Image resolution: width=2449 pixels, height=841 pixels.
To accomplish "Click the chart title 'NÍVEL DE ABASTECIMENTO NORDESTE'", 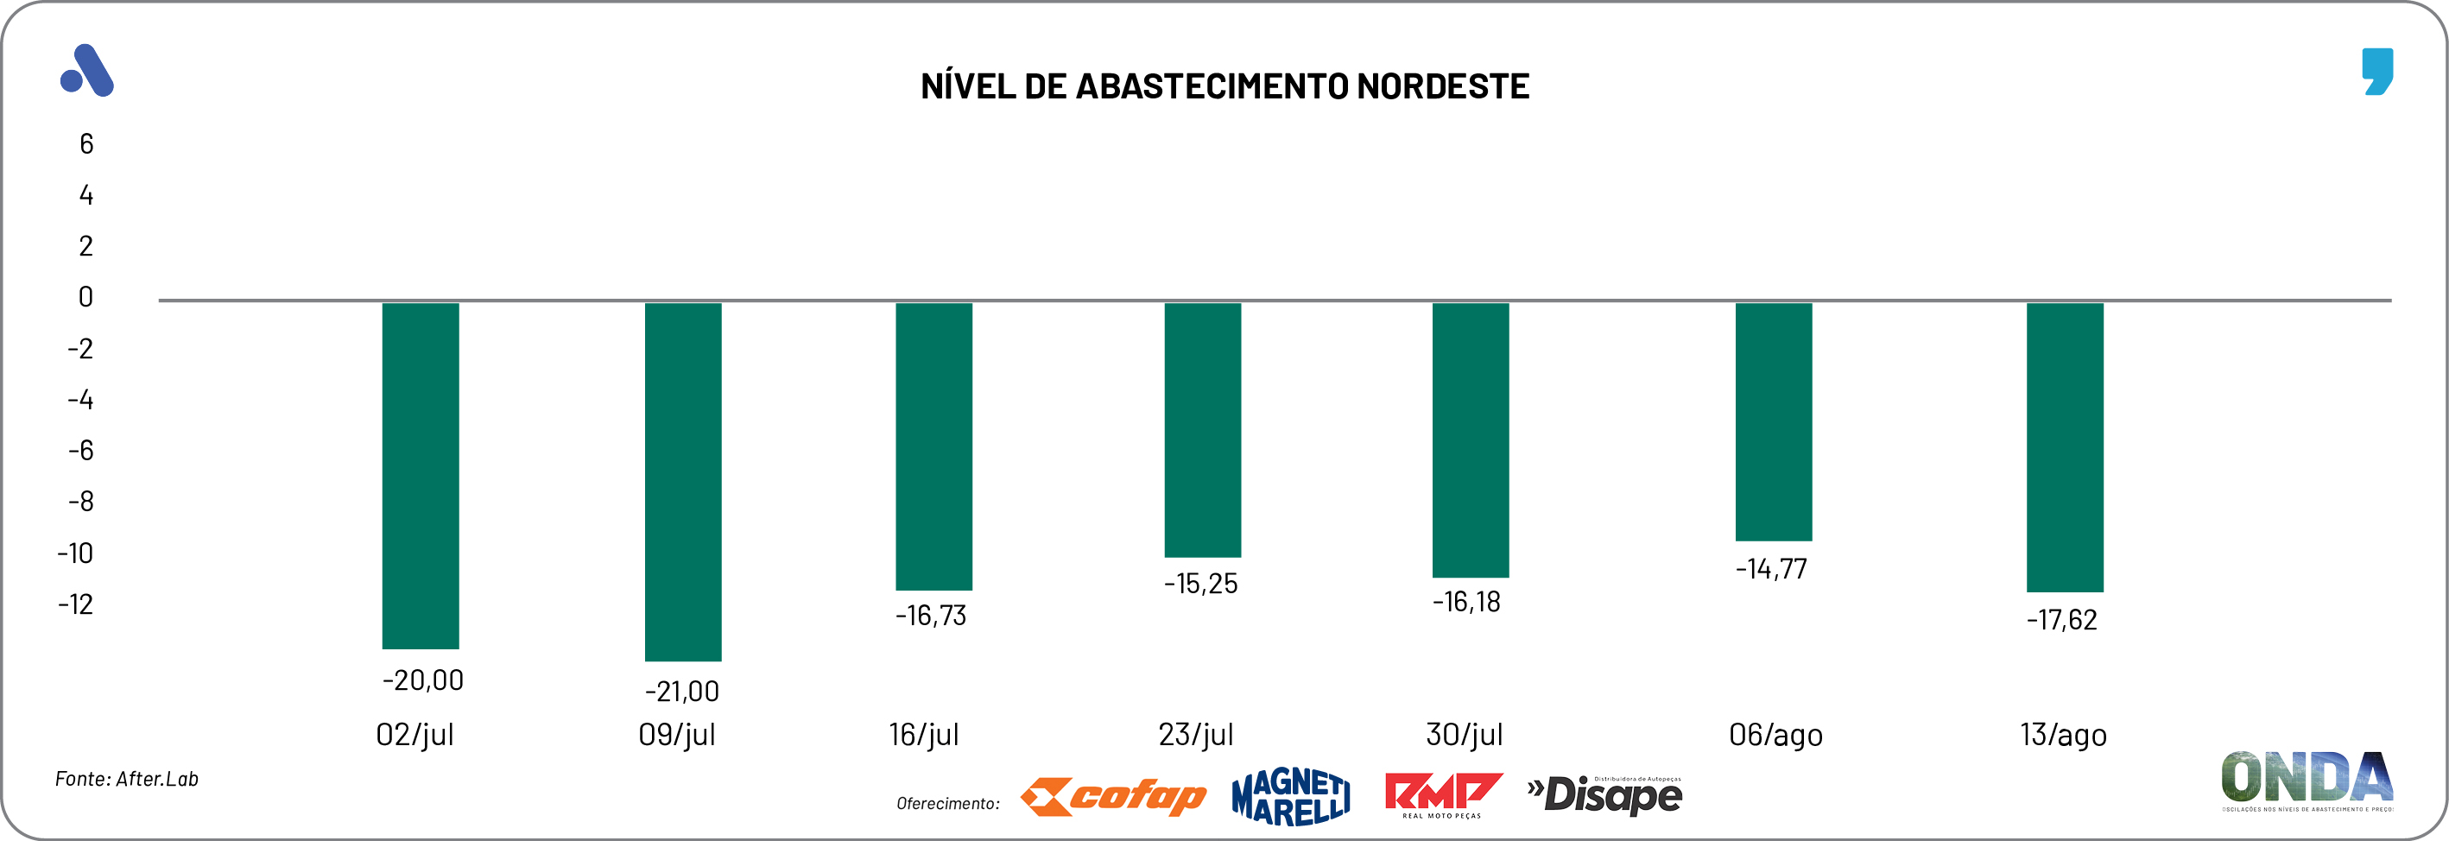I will [x=1224, y=86].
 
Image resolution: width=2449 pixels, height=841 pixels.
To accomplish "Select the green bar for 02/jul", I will [x=421, y=475].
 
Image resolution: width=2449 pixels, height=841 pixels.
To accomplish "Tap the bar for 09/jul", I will [x=682, y=481].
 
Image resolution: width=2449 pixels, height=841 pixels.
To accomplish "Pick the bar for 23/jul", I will [x=1203, y=429].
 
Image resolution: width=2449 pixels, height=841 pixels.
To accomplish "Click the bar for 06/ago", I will [x=1773, y=421].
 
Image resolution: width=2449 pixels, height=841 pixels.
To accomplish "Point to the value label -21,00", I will [x=681, y=691].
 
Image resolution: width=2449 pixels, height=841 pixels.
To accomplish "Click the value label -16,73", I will [x=931, y=616].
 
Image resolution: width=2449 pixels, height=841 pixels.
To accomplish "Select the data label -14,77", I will [x=1771, y=569].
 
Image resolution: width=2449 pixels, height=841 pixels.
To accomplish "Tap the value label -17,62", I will [x=2061, y=620].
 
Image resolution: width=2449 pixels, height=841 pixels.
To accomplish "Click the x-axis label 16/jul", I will [x=924, y=735].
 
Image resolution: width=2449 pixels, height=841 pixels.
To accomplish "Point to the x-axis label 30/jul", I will [x=1464, y=735].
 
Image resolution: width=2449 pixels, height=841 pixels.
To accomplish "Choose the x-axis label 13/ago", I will [x=2063, y=735].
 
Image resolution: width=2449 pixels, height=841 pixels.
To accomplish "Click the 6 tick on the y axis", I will [x=86, y=144].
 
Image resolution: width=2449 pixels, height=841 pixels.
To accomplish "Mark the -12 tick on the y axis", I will [x=76, y=604].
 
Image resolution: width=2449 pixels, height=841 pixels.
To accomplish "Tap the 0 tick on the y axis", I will [x=85, y=297].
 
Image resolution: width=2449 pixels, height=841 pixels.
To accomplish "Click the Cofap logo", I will [x=1113, y=796].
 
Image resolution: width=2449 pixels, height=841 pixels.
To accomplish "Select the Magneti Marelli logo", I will [x=1290, y=796].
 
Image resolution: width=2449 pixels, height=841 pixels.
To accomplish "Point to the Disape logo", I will [x=1604, y=795].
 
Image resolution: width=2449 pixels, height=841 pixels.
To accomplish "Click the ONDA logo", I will [x=2307, y=779].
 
